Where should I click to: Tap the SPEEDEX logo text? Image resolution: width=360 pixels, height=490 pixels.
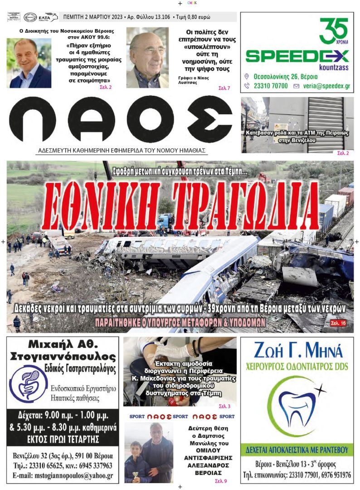pos(297,56)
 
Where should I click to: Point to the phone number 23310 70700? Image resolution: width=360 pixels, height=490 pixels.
pos(270,85)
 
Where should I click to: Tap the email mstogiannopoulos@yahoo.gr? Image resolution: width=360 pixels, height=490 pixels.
pos(63,476)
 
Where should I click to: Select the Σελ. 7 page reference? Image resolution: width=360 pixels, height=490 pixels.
pos(224,88)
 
